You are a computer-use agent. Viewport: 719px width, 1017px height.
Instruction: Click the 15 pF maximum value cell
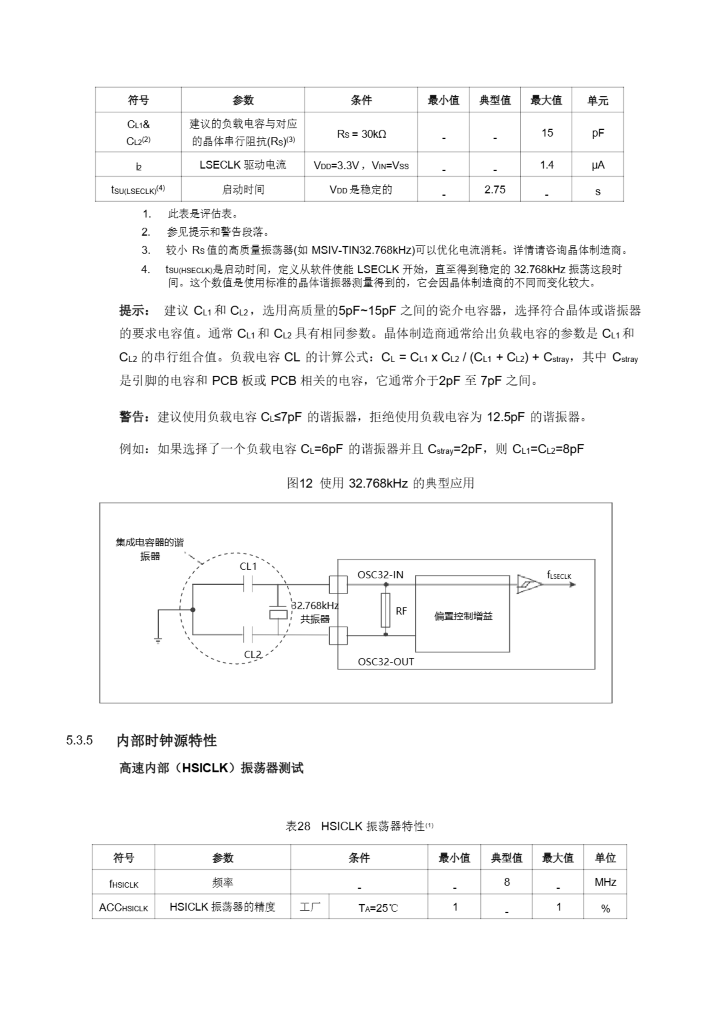(x=547, y=133)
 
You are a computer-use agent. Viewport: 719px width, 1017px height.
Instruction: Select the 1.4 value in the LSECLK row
(x=547, y=165)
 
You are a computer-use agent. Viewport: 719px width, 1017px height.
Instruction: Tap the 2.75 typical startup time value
(x=495, y=189)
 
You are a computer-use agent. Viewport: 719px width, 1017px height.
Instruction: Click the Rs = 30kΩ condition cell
(x=361, y=134)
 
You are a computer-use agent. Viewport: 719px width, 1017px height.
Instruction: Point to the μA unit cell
(x=597, y=165)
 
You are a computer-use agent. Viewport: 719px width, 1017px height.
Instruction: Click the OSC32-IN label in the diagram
(x=380, y=575)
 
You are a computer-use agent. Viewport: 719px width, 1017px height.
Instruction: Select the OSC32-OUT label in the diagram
(x=385, y=662)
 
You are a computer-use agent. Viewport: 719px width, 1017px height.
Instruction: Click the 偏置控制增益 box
(x=463, y=616)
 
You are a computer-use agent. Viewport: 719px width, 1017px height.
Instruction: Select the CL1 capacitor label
(x=248, y=567)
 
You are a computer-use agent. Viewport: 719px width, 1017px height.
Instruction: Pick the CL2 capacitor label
(x=253, y=654)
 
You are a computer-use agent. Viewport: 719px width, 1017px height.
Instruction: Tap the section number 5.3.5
(x=79, y=740)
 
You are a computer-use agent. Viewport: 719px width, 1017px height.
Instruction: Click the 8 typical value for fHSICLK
(x=506, y=882)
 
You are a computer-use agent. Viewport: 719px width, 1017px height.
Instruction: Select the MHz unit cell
(x=605, y=882)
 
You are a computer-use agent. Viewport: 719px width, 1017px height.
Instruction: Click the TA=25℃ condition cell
(x=378, y=908)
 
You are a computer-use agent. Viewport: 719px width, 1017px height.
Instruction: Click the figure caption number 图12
(x=300, y=483)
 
